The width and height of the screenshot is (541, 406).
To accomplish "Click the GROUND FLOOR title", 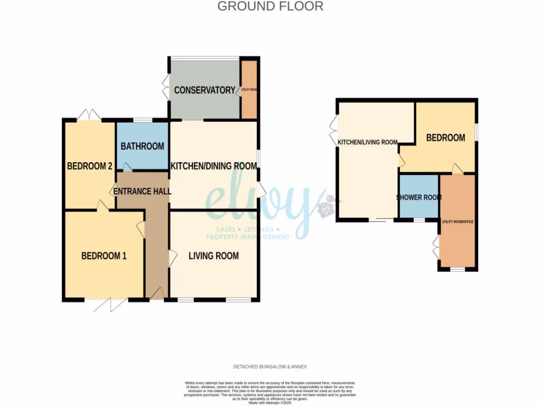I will tap(270, 6).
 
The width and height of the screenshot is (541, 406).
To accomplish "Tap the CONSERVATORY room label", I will tap(204, 90).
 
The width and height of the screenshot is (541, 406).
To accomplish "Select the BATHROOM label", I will tap(142, 146).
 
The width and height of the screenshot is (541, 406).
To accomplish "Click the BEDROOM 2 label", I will tap(89, 166).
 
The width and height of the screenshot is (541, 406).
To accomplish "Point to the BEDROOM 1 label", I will tap(104, 256).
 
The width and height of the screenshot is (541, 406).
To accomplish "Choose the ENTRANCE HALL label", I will tap(143, 191).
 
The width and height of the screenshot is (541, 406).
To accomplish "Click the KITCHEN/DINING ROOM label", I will tap(213, 166).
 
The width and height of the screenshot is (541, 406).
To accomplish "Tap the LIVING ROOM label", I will tap(213, 256).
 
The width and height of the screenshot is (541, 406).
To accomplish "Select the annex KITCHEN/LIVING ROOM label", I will tap(367, 142).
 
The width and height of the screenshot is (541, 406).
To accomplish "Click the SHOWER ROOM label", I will tap(418, 197).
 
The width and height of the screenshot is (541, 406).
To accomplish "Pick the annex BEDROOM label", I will tap(445, 137).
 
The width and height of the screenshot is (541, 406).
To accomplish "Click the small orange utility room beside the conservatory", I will tap(249, 90).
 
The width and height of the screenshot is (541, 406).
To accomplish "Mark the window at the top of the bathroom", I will tap(142, 120).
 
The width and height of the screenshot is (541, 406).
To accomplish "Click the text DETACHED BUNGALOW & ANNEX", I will tap(270, 366).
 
